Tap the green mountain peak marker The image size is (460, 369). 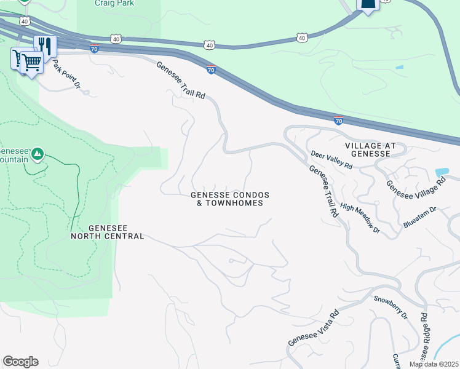tap(38, 153)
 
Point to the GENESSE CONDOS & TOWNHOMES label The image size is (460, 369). tap(230, 199)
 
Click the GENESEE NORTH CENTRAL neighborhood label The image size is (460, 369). tap(108, 232)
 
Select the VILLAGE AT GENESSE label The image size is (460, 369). tap(376, 149)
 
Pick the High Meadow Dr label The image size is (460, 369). tap(360, 218)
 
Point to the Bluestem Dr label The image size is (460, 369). tap(419, 218)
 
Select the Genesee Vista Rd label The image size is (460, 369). tap(314, 328)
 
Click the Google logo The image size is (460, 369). tap(20, 362)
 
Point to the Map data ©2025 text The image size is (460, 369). tap(433, 364)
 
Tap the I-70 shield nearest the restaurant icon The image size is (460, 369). tap(94, 49)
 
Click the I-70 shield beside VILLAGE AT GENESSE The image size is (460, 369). tap(338, 121)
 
